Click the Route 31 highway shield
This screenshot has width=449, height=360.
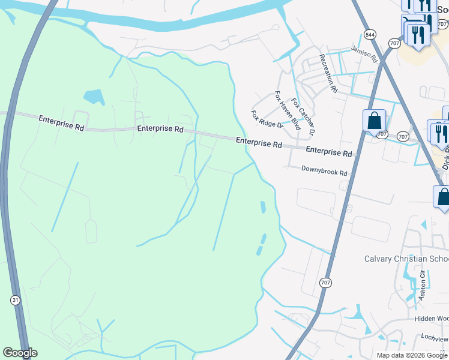14,299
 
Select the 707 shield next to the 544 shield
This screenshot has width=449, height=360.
394,43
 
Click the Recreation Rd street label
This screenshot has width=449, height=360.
329,73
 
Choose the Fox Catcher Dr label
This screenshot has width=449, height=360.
303,116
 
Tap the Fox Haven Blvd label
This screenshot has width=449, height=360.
288,110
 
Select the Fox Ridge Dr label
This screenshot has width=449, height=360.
267,119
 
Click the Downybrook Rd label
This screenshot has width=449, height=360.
324,173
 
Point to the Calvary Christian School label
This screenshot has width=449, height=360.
406,259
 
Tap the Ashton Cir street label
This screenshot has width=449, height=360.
423,286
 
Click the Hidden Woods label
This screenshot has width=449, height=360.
431,319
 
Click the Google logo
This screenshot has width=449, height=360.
20,353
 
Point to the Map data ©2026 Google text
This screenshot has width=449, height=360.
412,355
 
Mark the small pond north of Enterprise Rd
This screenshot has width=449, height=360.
93,96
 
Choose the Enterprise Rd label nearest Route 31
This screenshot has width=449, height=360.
61,122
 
